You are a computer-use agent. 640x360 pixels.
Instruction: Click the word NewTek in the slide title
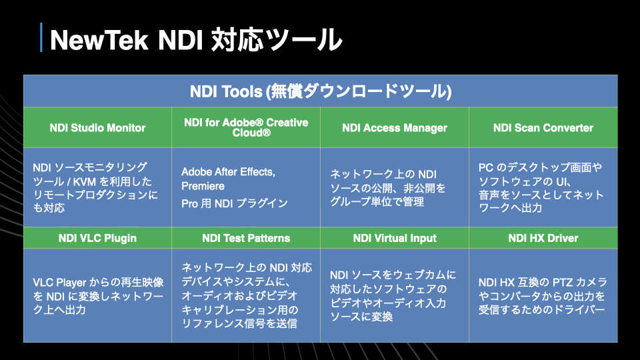(x=99, y=40)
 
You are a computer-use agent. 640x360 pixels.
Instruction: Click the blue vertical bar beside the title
(x=41, y=37)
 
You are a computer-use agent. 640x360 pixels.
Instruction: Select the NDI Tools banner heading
(x=321, y=91)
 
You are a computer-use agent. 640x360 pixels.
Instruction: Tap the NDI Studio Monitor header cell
(x=97, y=128)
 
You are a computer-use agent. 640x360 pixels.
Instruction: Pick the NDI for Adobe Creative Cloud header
(x=246, y=127)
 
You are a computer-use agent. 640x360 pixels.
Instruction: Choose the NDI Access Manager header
(x=395, y=128)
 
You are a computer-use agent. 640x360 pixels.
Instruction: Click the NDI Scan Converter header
(x=543, y=128)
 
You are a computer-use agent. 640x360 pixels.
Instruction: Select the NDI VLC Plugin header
(x=97, y=238)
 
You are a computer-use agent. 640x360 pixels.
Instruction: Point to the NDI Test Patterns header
(x=246, y=238)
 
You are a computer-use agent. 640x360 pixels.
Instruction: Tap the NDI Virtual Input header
(x=395, y=238)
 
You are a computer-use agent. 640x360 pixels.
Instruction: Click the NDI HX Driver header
(x=543, y=238)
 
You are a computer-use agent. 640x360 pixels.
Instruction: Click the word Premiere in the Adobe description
(x=203, y=186)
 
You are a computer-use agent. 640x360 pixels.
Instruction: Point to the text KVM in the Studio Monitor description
(x=85, y=181)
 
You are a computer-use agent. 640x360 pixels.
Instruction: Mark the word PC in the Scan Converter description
(x=486, y=167)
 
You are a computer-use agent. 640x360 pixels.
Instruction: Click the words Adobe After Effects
(x=228, y=172)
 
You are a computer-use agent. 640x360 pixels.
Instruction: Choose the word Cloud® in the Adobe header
(x=251, y=133)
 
